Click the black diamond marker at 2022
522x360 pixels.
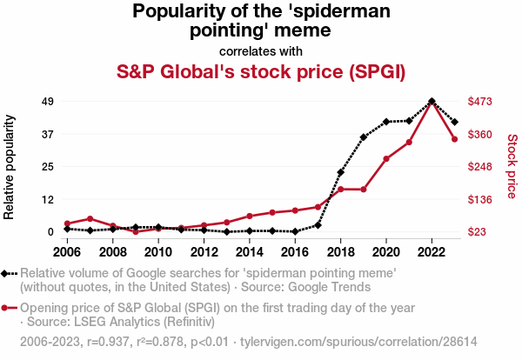(x=432, y=102)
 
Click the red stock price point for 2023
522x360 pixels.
(x=454, y=139)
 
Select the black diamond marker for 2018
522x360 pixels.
(x=341, y=173)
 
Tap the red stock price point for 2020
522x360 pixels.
(x=386, y=159)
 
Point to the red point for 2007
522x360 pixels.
(x=90, y=219)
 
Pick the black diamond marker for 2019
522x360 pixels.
(x=364, y=137)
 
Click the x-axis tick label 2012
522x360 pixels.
(x=204, y=252)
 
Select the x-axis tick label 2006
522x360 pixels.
(x=67, y=252)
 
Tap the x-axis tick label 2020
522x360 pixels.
(x=385, y=252)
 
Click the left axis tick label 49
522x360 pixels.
(x=49, y=102)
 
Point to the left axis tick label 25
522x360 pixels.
(x=49, y=167)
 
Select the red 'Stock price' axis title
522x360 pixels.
(x=512, y=165)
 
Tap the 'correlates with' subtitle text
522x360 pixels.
(x=261, y=50)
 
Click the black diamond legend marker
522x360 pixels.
(x=10, y=273)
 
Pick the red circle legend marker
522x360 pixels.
(x=10, y=308)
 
